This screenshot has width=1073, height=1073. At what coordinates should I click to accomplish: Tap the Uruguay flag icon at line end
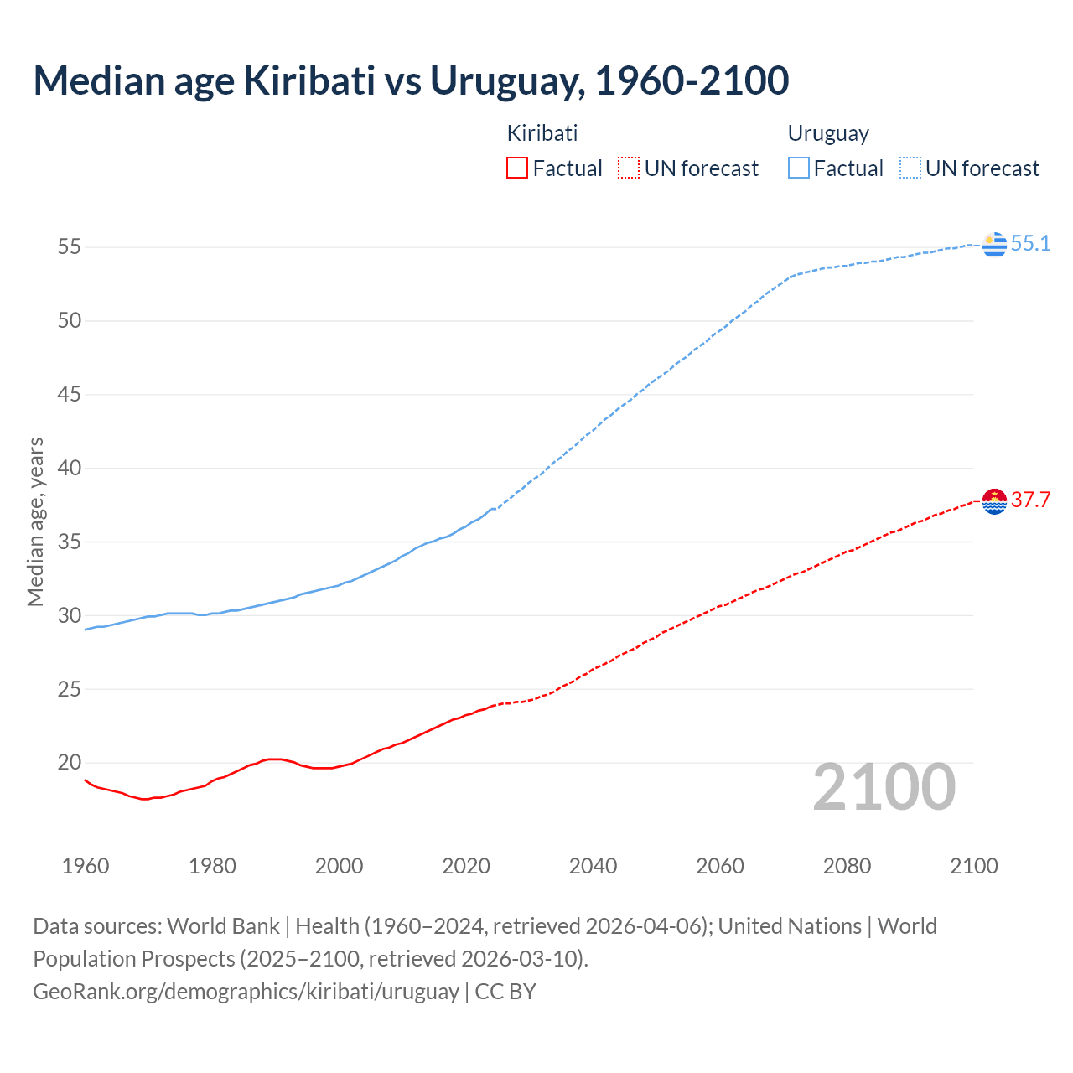coord(994,244)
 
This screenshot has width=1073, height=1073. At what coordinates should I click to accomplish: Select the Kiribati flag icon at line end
coord(994,501)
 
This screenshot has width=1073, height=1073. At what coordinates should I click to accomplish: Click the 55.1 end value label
coord(1030,244)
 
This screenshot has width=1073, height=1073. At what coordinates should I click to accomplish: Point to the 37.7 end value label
coord(1030,500)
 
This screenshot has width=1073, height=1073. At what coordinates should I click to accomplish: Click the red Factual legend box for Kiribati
coord(517,168)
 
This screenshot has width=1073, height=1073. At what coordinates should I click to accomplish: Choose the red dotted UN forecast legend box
coord(629,168)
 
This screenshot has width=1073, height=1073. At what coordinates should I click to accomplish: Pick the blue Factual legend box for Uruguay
coord(798,168)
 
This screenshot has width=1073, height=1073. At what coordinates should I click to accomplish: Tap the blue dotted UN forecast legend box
coord(910,168)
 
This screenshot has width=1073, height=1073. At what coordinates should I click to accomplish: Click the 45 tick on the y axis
coord(70,394)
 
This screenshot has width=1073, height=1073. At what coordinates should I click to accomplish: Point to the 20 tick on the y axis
coord(70,763)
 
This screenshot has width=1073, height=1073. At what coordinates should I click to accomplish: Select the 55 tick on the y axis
coord(70,247)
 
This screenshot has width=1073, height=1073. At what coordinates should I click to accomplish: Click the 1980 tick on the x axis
coord(212,866)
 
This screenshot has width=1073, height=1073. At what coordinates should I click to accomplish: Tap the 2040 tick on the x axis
coord(593,866)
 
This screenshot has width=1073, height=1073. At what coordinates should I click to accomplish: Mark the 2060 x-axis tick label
coord(720,866)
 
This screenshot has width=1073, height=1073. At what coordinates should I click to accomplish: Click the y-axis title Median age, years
coord(35,521)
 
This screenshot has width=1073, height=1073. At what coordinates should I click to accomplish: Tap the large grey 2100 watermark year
coord(884,786)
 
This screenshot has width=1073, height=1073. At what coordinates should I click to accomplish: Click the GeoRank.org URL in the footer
coord(246,992)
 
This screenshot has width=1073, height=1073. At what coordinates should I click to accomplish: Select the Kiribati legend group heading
coord(542,133)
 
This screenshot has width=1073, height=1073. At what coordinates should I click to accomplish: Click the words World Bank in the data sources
coord(223,926)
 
